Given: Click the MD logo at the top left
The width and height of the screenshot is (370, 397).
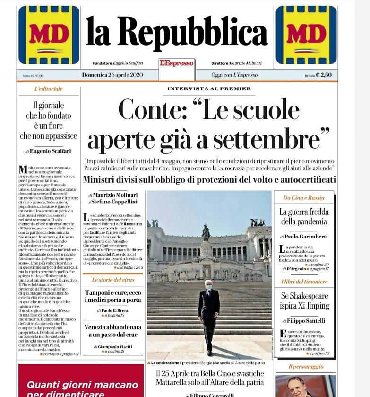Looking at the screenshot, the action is pyautogui.click(x=49, y=35).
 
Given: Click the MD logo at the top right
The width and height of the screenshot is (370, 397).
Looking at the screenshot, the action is pyautogui.click(x=306, y=35).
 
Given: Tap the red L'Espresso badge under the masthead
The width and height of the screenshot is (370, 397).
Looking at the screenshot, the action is pyautogui.click(x=176, y=63).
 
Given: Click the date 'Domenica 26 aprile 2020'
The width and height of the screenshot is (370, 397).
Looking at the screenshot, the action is pyautogui.click(x=112, y=75).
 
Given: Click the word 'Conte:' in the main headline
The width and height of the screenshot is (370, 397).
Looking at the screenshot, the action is pyautogui.click(x=153, y=110).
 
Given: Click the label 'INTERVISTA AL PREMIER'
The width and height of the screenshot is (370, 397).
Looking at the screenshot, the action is pyautogui.click(x=209, y=89).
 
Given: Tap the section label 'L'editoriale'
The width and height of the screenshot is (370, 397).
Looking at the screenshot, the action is pyautogui.click(x=48, y=89).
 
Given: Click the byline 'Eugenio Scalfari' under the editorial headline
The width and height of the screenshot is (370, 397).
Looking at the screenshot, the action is pyautogui.click(x=51, y=151).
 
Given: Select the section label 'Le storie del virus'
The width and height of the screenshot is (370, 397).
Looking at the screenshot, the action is pyautogui.click(x=112, y=280).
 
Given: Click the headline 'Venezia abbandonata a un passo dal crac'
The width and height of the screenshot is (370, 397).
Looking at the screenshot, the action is pyautogui.click(x=112, y=331).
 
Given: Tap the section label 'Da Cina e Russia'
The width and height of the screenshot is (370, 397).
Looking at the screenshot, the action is pyautogui.click(x=303, y=198).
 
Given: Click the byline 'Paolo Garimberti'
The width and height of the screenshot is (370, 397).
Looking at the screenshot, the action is pyautogui.click(x=306, y=237).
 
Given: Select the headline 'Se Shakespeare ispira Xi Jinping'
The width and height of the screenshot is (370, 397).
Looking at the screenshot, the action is pyautogui.click(x=304, y=301).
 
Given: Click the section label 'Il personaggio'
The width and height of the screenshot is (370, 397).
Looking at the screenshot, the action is pyautogui.click(x=306, y=366).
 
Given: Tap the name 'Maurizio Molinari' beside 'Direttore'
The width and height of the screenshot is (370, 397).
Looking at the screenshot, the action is pyautogui.click(x=245, y=63).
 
